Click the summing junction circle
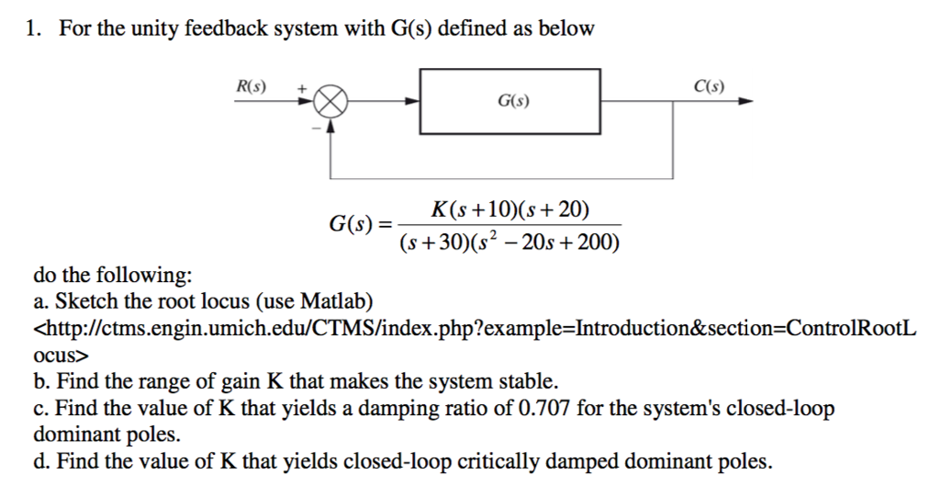(x=331, y=102)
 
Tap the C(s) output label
(x=709, y=87)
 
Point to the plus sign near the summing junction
(x=299, y=86)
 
